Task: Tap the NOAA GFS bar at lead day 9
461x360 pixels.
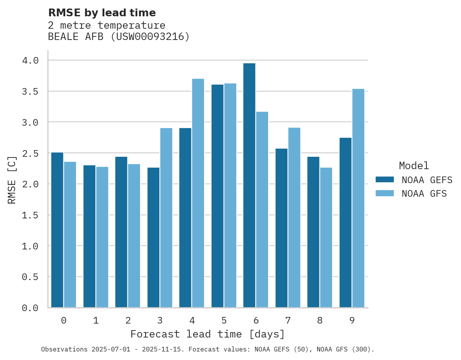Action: (x=358, y=198)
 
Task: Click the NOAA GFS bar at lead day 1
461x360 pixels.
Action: (x=102, y=237)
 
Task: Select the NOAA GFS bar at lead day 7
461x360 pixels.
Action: (x=294, y=218)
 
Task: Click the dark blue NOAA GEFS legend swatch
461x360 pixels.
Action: (x=385, y=180)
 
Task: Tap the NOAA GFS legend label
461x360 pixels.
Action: (x=424, y=194)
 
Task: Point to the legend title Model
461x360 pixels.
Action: (x=414, y=166)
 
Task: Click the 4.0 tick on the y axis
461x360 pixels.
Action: (x=30, y=61)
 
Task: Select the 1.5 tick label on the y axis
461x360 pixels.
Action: (x=30, y=215)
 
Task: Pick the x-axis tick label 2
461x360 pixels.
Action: (x=128, y=320)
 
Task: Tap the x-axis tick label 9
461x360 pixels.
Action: (x=352, y=320)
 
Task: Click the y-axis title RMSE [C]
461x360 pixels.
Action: (x=12, y=180)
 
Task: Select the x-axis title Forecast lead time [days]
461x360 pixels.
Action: (x=208, y=334)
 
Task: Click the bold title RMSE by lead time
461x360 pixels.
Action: (x=102, y=13)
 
